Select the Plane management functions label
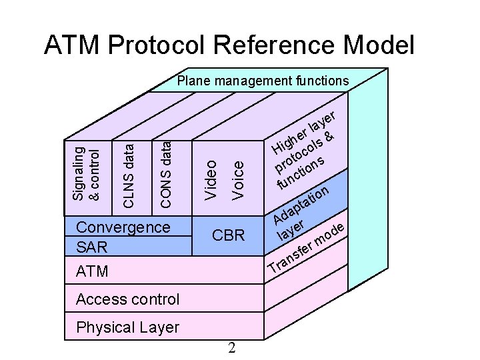263,81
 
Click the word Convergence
123,227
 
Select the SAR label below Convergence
91,247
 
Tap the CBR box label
228,235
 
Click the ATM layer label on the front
92,271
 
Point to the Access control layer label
127,299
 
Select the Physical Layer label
127,327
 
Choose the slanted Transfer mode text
307,250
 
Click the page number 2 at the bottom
231,347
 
